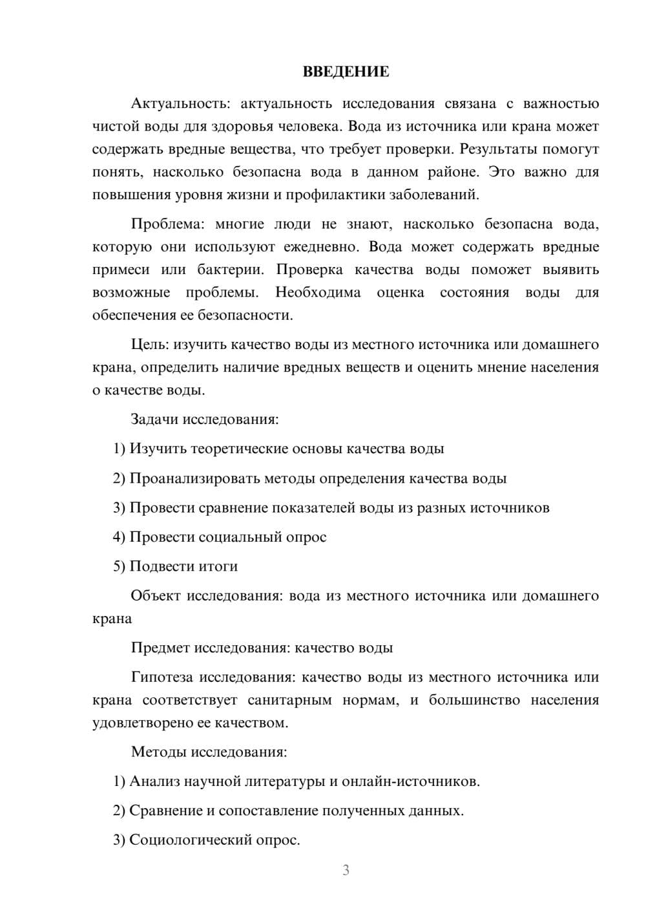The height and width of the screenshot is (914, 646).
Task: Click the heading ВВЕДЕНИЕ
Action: (x=346, y=72)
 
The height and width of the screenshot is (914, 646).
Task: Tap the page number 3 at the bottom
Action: (x=346, y=870)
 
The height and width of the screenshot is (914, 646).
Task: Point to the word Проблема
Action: (x=167, y=224)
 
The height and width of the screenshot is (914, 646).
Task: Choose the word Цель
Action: (x=150, y=345)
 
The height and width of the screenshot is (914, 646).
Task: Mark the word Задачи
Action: (x=154, y=420)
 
